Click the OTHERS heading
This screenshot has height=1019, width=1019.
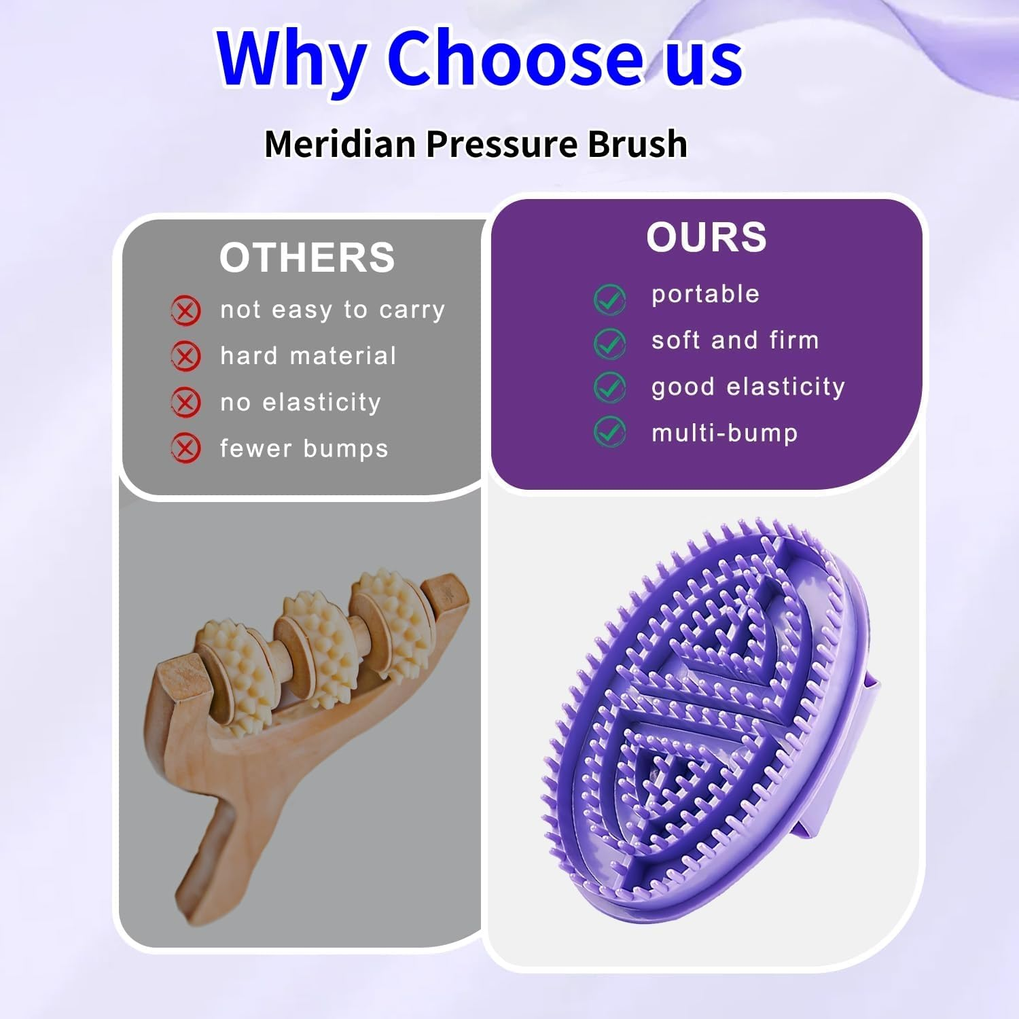(307, 257)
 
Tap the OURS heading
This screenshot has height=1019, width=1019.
(706, 237)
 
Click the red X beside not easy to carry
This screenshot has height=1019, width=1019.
(185, 311)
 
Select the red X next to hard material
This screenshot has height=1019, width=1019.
(185, 357)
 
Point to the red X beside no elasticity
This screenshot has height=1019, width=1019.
(185, 402)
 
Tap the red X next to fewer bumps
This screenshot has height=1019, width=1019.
(185, 448)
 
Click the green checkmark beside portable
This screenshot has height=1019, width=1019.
(609, 299)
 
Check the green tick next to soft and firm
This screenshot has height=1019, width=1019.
(609, 343)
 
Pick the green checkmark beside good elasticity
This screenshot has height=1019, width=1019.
(609, 387)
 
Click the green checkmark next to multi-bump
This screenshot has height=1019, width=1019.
(609, 432)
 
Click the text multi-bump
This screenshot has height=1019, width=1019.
(724, 433)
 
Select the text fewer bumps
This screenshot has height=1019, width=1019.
(304, 448)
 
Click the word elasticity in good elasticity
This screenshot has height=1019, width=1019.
(785, 387)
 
